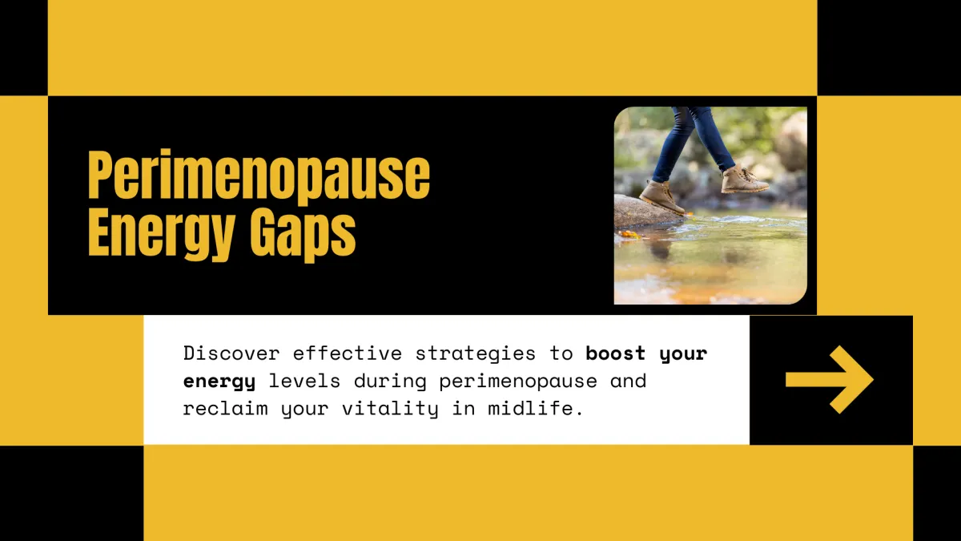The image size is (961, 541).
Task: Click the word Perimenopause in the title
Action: coord(259,176)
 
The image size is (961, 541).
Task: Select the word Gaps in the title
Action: coord(303,235)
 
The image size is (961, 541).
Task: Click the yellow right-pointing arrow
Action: coord(830,380)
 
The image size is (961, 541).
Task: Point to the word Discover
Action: coord(231,353)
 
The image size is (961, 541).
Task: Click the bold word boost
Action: coord(616,353)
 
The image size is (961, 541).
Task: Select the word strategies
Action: coord(476,354)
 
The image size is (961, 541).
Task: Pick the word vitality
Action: coord(390,409)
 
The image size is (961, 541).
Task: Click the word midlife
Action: coord(536,408)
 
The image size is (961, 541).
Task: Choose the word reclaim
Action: coord(226,408)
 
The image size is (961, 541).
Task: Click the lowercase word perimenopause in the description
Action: coord(518,382)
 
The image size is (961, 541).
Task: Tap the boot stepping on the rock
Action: coord(661,196)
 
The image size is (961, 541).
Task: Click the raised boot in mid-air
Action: coord(743,180)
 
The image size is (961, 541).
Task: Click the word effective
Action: coord(348,353)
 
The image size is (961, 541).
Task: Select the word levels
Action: coord(304,381)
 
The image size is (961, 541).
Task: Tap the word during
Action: coord(390,382)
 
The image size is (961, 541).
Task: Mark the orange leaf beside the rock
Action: coord(629,234)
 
